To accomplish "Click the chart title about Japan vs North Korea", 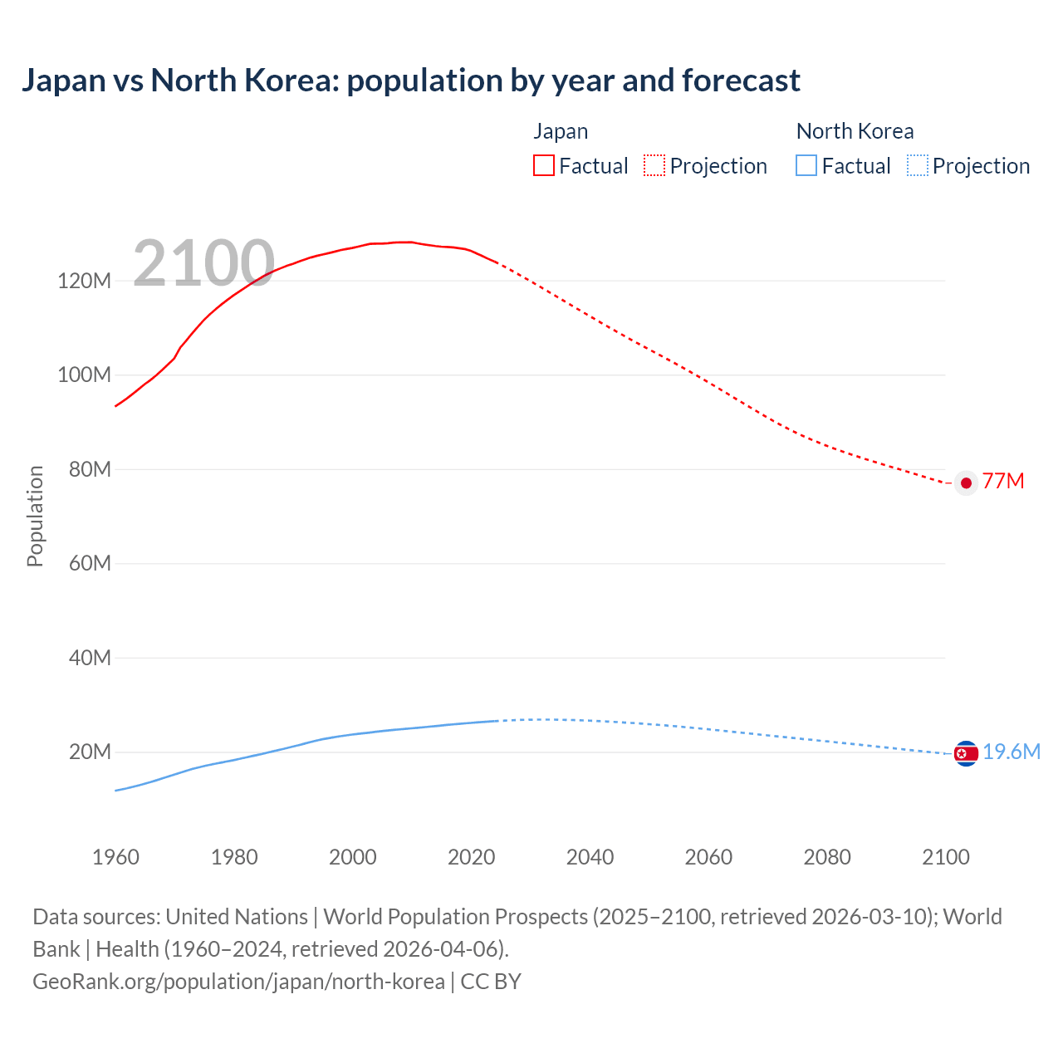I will (410, 81).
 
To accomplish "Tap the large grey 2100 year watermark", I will (203, 263).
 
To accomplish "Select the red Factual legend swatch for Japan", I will (543, 166).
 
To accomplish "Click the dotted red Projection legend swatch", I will (654, 166).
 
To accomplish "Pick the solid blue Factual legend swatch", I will (806, 166).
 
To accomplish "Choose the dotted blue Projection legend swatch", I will (918, 166).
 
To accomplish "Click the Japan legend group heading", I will (561, 131).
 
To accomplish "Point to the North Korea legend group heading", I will (855, 131).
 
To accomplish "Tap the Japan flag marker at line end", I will (966, 483).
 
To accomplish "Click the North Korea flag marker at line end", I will (966, 753).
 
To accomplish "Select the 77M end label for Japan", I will (1003, 482).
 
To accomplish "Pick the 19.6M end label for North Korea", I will (1012, 752).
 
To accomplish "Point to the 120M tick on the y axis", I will (84, 281).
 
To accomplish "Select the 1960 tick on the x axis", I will (115, 857).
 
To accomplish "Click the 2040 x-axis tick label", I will (590, 857).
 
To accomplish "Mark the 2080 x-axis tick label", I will (827, 857).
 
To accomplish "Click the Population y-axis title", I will (35, 516).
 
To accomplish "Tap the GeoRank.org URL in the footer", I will (238, 982).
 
